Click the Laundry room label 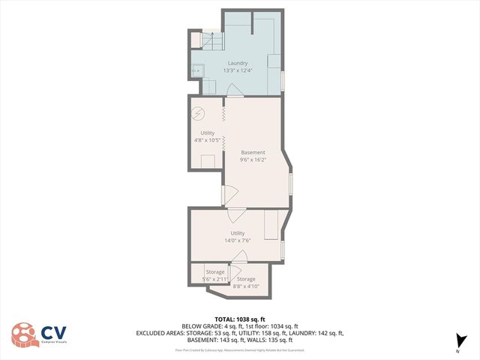tap(238, 63)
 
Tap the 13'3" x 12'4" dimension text tap(238, 70)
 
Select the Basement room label tap(253, 152)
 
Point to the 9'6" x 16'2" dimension tap(253, 160)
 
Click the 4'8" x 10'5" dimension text tap(207, 139)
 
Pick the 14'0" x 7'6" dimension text tap(237, 241)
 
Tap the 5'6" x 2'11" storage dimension tap(215, 279)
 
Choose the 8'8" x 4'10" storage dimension tap(246, 286)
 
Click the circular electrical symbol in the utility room tap(198, 114)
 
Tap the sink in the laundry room tap(198, 71)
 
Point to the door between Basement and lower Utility tap(235, 213)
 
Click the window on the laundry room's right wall tap(283, 79)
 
